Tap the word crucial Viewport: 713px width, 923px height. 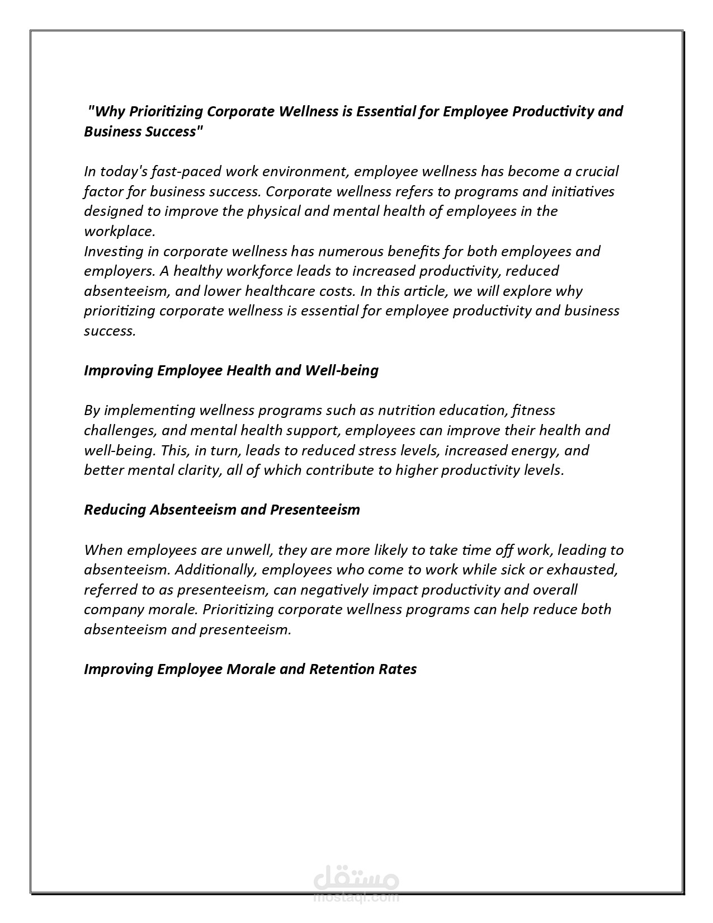(596, 171)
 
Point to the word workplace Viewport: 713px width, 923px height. (119, 231)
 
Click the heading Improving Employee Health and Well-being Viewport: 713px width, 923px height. (231, 370)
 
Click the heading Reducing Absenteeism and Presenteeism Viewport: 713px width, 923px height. (222, 510)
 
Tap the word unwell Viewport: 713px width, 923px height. (249, 550)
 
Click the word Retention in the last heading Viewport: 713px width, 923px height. (342, 669)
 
